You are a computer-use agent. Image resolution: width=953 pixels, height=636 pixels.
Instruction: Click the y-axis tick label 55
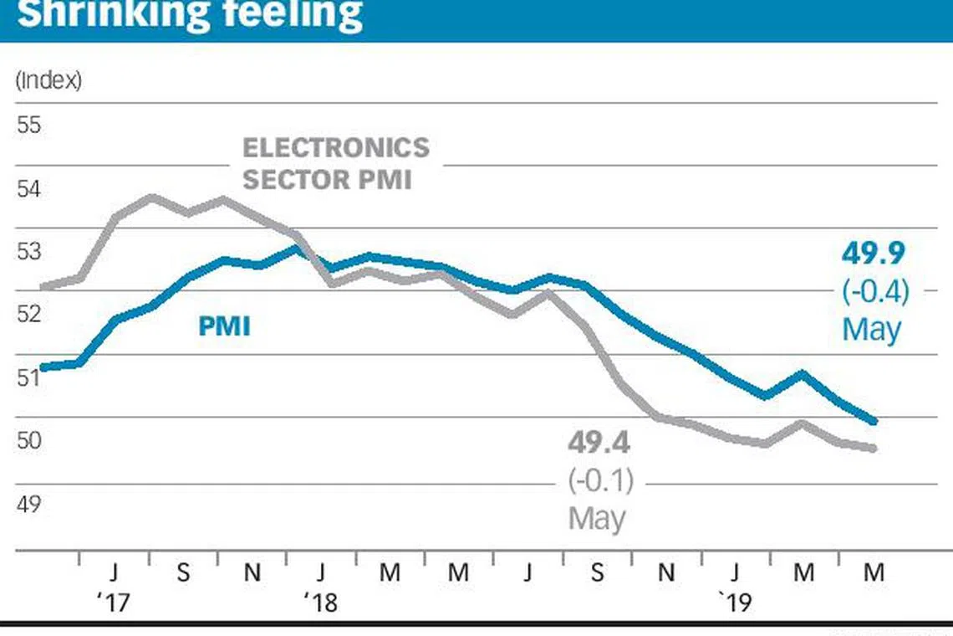click(28, 126)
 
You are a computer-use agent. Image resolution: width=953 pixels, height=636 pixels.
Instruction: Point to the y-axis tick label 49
click(28, 505)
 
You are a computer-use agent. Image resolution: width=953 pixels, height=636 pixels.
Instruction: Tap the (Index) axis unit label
click(48, 81)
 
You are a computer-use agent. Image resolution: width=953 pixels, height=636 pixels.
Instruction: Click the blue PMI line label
click(224, 326)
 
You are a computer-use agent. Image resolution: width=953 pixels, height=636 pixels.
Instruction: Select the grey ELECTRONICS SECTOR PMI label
click(335, 163)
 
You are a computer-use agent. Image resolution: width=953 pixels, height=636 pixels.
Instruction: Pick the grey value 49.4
click(599, 442)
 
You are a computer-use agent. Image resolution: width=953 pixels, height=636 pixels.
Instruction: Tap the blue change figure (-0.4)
click(874, 292)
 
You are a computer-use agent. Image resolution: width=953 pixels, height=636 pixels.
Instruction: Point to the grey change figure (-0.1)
click(600, 481)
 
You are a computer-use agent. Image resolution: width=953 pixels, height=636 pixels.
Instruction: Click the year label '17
click(115, 602)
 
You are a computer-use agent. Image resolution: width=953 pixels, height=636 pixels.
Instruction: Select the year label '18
click(320, 602)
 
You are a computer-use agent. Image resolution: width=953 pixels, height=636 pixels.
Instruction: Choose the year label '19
click(736, 602)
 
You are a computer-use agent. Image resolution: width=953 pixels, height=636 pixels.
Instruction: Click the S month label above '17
click(183, 574)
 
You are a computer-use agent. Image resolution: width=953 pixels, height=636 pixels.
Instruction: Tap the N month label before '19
click(665, 574)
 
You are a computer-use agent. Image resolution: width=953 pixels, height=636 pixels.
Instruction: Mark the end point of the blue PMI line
click(874, 421)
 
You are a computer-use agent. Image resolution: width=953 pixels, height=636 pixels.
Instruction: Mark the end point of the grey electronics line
click(874, 449)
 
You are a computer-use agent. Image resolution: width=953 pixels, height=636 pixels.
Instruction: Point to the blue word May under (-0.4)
click(871, 329)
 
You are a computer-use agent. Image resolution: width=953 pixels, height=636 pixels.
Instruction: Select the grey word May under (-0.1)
click(597, 518)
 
